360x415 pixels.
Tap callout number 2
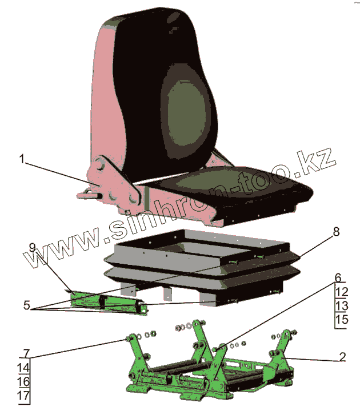tap(342, 358)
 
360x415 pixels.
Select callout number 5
tap(26, 306)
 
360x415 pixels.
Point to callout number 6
tap(338, 278)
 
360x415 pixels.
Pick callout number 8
tap(336, 232)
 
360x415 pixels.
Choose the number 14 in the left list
tap(23, 368)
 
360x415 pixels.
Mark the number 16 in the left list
tap(23, 381)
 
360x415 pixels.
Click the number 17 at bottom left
tap(23, 395)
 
